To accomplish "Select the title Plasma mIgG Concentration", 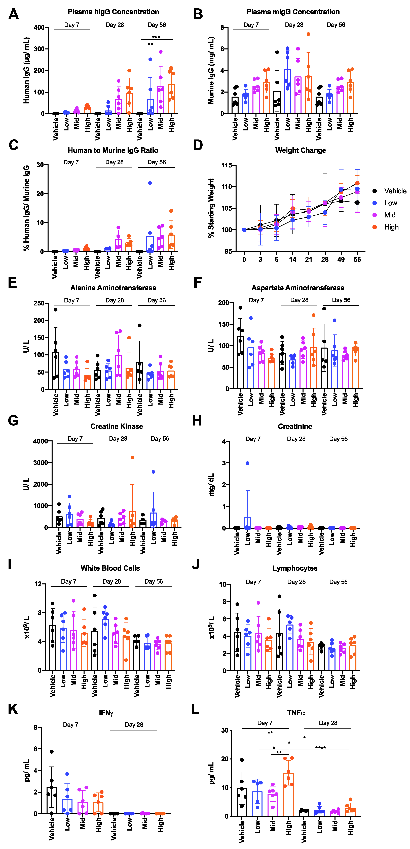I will [x=293, y=12].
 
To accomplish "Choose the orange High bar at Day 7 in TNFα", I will [x=288, y=794].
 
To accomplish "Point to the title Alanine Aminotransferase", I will [x=113, y=288].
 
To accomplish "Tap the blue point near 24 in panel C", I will [x=150, y=183].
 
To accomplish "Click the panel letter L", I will [x=196, y=709].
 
